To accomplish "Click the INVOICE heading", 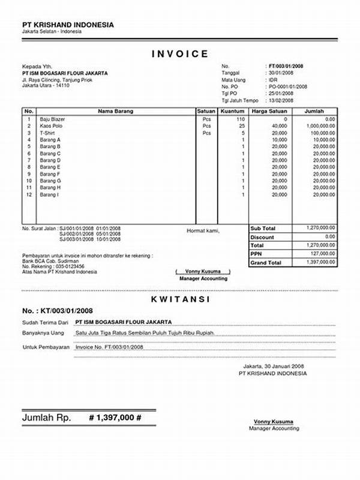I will (179, 53).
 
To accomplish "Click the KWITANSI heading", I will (179, 298).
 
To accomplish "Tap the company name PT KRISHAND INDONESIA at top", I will (67, 25).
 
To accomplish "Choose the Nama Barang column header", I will (115, 112).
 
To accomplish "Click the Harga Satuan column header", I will (269, 112).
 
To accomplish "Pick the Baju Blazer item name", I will (52, 119).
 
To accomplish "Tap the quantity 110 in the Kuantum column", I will (240, 119).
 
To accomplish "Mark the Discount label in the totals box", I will (262, 237).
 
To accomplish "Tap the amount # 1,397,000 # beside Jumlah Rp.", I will (115, 417).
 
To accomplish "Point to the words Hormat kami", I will (203, 231).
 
